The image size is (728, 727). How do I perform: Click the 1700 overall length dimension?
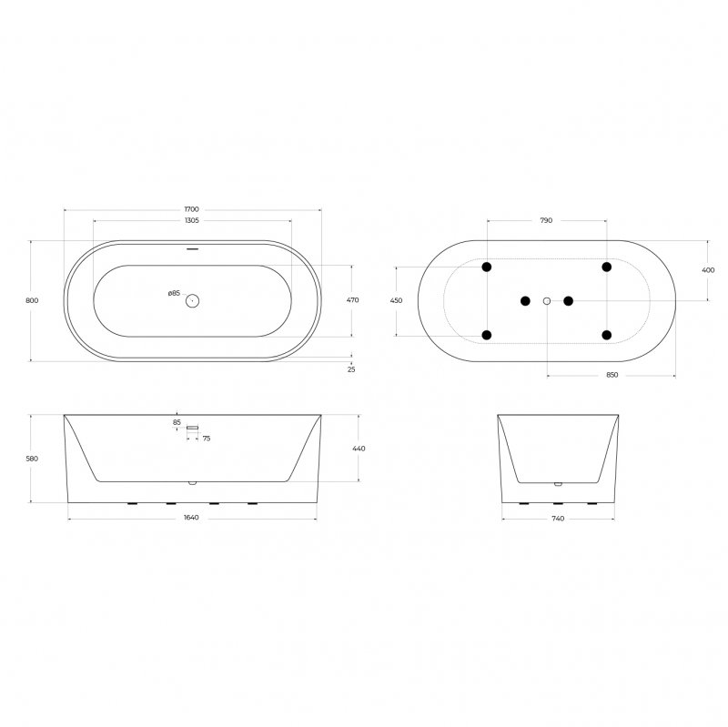(x=191, y=209)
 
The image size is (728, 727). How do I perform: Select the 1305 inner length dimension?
(x=191, y=221)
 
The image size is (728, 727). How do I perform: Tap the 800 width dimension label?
(x=32, y=300)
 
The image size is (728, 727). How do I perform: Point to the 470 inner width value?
(x=353, y=299)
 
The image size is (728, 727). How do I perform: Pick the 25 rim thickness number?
(x=352, y=369)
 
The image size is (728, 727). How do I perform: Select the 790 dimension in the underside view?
(x=546, y=221)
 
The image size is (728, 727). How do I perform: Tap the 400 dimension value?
(x=708, y=270)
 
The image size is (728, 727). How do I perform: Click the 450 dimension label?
(x=397, y=300)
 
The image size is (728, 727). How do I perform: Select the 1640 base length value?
(x=191, y=518)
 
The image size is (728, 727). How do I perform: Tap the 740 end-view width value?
(x=558, y=518)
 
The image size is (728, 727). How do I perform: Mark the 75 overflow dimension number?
(x=207, y=439)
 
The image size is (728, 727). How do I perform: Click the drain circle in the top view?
(x=192, y=300)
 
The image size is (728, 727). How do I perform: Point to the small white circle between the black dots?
(x=547, y=300)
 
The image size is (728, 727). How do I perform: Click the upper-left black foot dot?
(x=487, y=267)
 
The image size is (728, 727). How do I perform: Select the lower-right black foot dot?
(x=606, y=334)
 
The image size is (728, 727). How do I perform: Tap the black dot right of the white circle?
(x=568, y=300)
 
